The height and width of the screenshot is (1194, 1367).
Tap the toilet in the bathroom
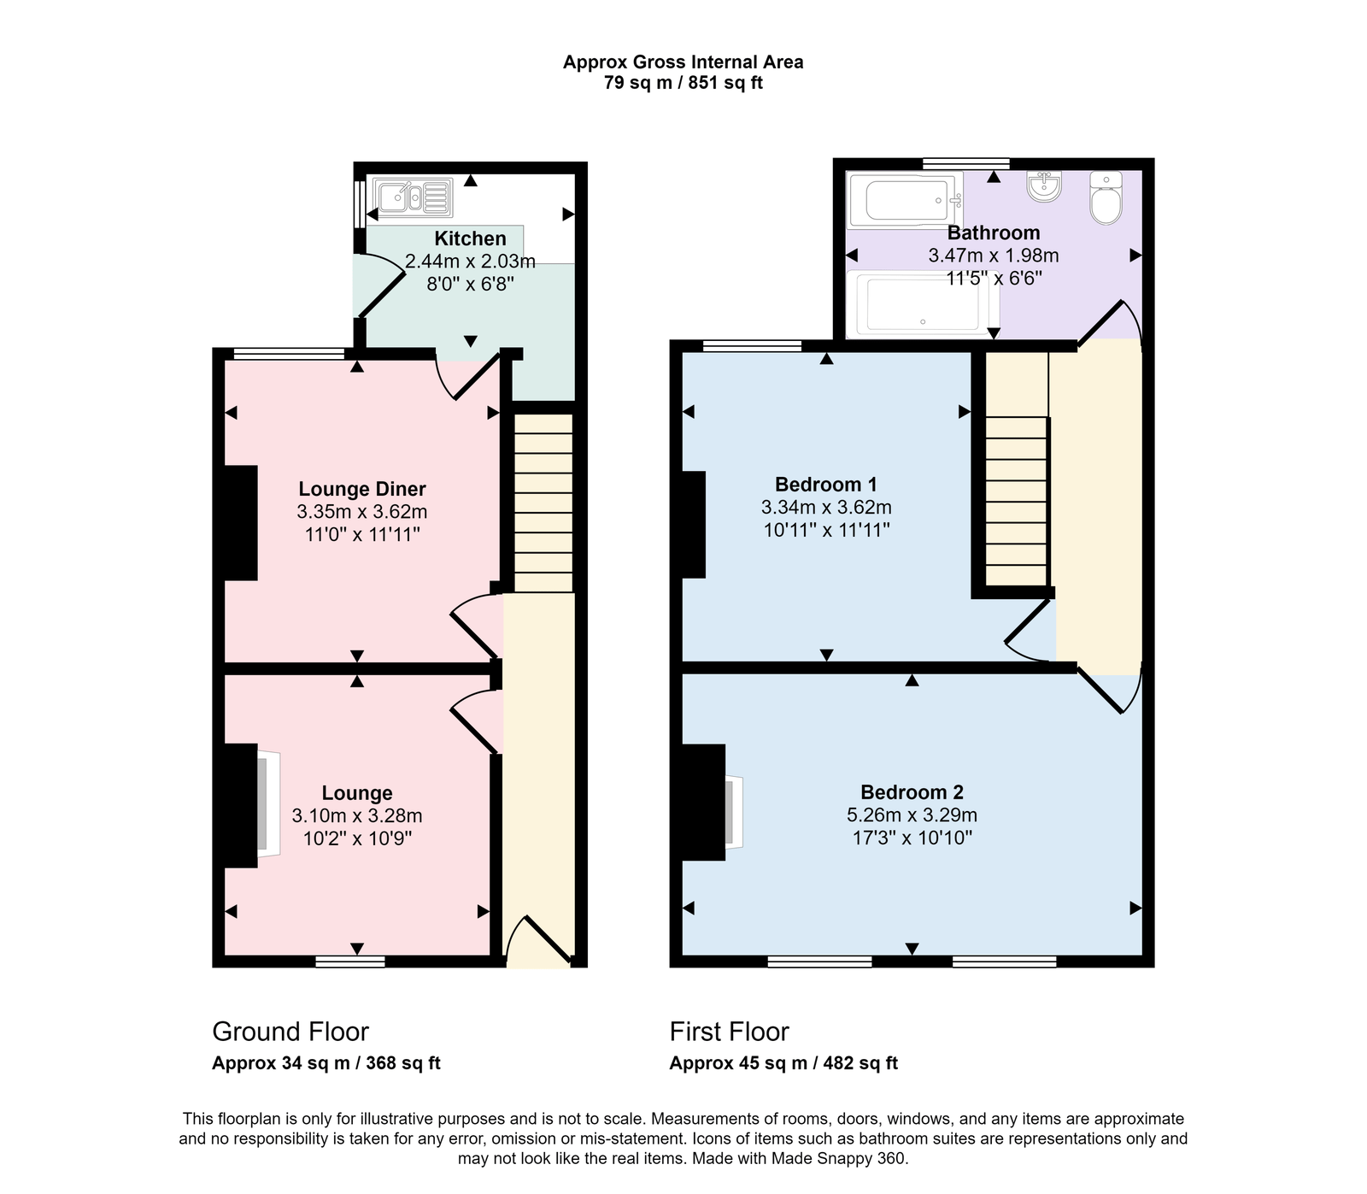(x=1106, y=198)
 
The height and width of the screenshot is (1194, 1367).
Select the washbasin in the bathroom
(x=1044, y=186)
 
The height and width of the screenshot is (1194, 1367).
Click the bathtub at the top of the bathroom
(x=904, y=200)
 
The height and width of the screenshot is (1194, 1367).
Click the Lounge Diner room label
(x=362, y=489)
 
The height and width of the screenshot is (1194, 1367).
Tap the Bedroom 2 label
(x=912, y=792)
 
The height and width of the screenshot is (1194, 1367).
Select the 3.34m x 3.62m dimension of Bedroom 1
(x=826, y=508)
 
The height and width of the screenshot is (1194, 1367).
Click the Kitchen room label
(x=470, y=238)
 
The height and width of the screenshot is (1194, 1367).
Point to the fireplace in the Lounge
(x=267, y=803)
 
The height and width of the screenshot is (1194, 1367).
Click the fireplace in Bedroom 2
(x=732, y=810)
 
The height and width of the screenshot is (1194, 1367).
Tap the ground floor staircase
(x=543, y=504)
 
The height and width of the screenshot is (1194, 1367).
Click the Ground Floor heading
(x=290, y=1032)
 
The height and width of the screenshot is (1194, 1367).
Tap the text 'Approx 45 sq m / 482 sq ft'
(x=783, y=1063)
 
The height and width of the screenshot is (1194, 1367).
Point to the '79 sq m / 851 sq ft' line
(x=683, y=83)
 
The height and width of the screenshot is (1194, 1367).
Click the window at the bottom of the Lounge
(x=350, y=962)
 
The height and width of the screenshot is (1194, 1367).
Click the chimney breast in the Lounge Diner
(x=241, y=523)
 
